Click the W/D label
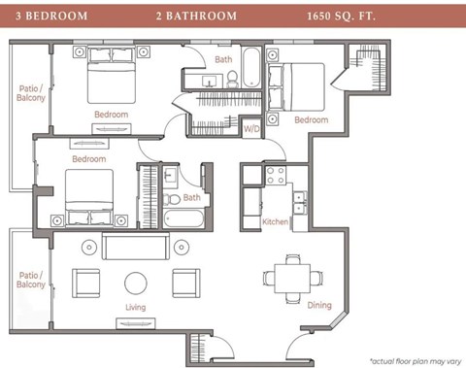pyautogui.click(x=250, y=128)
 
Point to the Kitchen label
pyautogui.click(x=276, y=222)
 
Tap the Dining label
pyautogui.click(x=319, y=305)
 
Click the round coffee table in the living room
pyautogui.click(x=135, y=283)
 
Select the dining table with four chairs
pyautogui.click(x=292, y=277)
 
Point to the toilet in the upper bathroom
pyautogui.click(x=219, y=80)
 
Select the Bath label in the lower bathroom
pyautogui.click(x=191, y=197)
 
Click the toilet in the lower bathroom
pyautogui.click(x=173, y=200)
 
